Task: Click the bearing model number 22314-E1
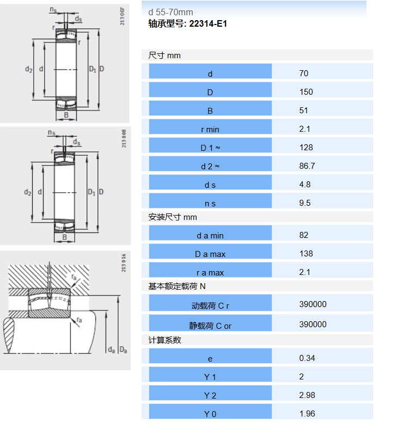[208, 24]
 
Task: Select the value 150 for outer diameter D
[306, 92]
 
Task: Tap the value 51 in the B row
[304, 111]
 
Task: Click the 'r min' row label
[210, 130]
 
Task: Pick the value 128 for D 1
[306, 148]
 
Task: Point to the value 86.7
[307, 166]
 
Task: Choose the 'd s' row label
[210, 185]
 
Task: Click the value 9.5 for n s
[305, 203]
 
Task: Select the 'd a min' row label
[210, 236]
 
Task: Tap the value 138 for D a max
[306, 254]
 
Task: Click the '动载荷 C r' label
[210, 305]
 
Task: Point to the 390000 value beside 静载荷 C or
[313, 324]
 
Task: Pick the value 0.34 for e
[307, 358]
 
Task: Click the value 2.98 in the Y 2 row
[307, 395]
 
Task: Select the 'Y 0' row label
[210, 414]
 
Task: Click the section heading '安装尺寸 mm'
[173, 217]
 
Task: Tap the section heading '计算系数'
[165, 340]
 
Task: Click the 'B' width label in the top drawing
[66, 115]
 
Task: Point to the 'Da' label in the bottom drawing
[123, 350]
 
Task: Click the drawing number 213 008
[124, 138]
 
